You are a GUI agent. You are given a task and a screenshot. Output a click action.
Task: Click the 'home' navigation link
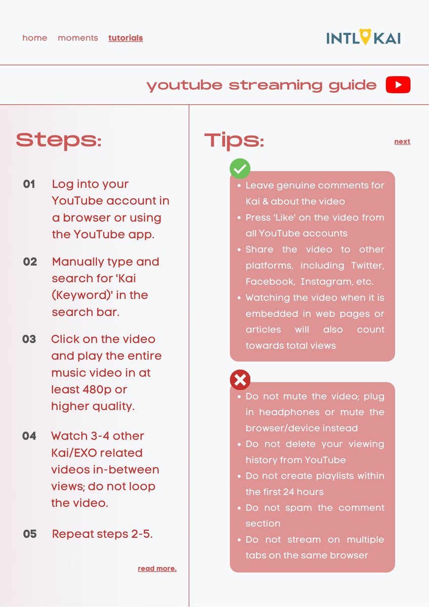pyautogui.click(x=35, y=38)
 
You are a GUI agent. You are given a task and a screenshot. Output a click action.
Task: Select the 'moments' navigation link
pyautogui.click(x=78, y=38)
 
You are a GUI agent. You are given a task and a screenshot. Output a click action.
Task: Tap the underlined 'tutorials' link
pyautogui.click(x=125, y=38)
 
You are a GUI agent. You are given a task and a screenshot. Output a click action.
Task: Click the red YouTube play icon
pyautogui.click(x=398, y=85)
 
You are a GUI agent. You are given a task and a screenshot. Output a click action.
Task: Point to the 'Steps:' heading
pyautogui.click(x=59, y=140)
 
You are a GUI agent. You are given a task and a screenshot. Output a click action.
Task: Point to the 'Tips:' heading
pyautogui.click(x=234, y=140)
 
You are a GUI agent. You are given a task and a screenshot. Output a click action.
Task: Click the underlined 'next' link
pyautogui.click(x=402, y=142)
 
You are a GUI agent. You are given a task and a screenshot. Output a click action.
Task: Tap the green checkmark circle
pyautogui.click(x=240, y=169)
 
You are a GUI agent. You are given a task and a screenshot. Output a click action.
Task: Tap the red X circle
pyautogui.click(x=240, y=379)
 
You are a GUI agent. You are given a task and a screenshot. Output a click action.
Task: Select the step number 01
pyautogui.click(x=29, y=184)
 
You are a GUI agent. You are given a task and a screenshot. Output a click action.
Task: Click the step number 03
pyautogui.click(x=29, y=339)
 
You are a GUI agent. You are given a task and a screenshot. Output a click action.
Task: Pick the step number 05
pyautogui.click(x=30, y=534)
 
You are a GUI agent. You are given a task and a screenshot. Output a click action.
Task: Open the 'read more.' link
pyautogui.click(x=157, y=569)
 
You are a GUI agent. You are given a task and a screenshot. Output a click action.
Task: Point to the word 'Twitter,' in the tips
pyautogui.click(x=365, y=266)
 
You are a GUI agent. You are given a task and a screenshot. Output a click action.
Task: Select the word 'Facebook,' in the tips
pyautogui.click(x=269, y=281)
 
